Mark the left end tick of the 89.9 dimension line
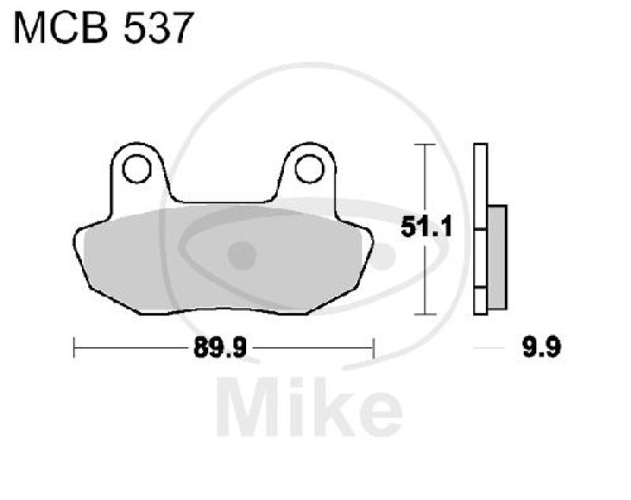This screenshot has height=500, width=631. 74,347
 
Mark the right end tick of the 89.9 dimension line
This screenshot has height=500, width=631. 373,347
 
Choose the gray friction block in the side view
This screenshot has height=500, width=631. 497,256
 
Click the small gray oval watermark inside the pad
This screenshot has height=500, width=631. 242,254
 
